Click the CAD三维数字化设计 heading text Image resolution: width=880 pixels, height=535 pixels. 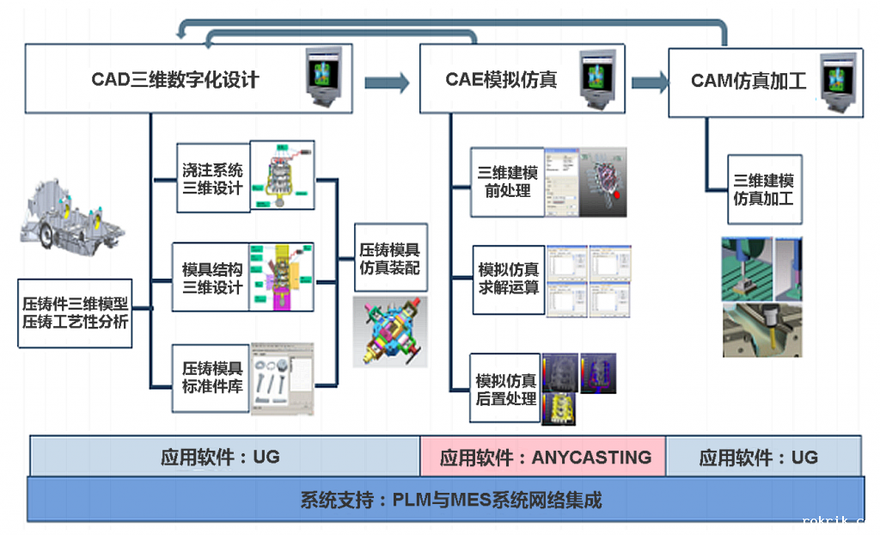pyautogui.click(x=175, y=80)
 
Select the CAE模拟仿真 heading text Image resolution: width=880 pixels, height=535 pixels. pyautogui.click(x=501, y=80)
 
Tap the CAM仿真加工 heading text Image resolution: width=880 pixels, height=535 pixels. pyautogui.click(x=749, y=82)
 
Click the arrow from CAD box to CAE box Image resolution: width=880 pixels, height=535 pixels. pyautogui.click(x=387, y=83)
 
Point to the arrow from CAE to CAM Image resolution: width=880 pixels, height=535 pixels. pyautogui.click(x=650, y=83)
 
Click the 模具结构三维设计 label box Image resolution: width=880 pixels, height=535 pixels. pyautogui.click(x=212, y=278)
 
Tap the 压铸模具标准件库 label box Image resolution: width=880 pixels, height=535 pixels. pyautogui.click(x=211, y=377)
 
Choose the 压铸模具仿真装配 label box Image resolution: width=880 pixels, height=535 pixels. pyautogui.click(x=389, y=258)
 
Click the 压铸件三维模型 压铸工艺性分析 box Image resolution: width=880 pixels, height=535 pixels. pyautogui.click(x=75, y=313)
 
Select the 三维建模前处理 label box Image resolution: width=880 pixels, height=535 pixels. pyautogui.click(x=507, y=181)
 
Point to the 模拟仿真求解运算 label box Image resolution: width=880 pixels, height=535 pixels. pyautogui.click(x=508, y=279)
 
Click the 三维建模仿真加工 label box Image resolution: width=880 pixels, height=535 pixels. pyautogui.click(x=763, y=189)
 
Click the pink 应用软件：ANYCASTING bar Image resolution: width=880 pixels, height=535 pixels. pyautogui.click(x=544, y=457)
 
